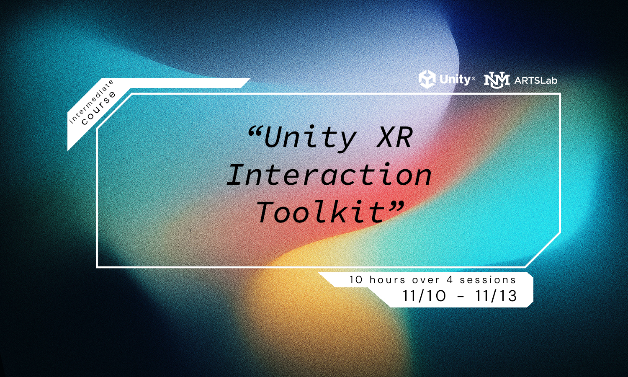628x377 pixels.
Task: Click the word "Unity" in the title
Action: click(x=310, y=137)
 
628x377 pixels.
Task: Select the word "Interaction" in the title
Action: click(x=329, y=175)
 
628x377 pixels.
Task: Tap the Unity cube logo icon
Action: click(x=427, y=79)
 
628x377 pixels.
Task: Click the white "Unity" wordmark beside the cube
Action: click(x=455, y=79)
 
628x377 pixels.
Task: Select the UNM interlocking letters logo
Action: click(x=497, y=80)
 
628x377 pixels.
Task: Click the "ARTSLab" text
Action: click(x=535, y=80)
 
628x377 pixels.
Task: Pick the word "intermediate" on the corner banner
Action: click(x=91, y=102)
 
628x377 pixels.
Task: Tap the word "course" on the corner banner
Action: click(x=99, y=108)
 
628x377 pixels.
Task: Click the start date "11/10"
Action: click(x=424, y=296)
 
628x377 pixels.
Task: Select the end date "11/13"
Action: click(x=496, y=296)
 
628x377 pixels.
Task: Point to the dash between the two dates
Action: click(x=461, y=297)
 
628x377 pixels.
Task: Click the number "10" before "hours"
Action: click(x=356, y=280)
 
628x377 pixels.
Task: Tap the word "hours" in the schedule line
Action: click(x=388, y=280)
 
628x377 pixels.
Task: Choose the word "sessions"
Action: click(x=488, y=280)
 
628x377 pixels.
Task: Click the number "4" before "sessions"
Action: click(x=450, y=280)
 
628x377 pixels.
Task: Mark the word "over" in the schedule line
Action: click(x=426, y=280)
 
